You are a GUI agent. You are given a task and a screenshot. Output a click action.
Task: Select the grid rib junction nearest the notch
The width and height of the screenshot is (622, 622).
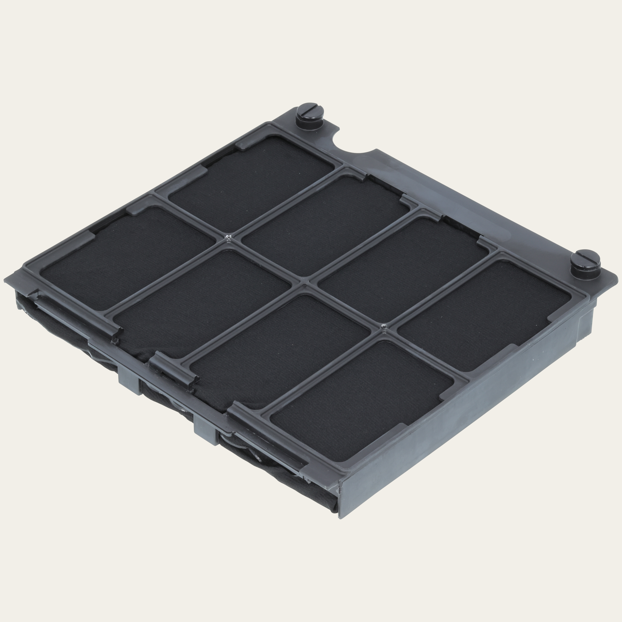[x=229, y=237]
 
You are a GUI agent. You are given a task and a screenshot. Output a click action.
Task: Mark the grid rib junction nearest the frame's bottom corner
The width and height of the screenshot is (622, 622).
[x=384, y=327]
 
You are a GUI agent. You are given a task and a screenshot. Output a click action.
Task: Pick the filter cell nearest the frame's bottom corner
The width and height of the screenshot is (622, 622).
[x=361, y=399]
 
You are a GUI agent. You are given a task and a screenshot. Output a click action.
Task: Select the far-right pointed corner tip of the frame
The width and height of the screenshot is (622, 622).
[x=617, y=277]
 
